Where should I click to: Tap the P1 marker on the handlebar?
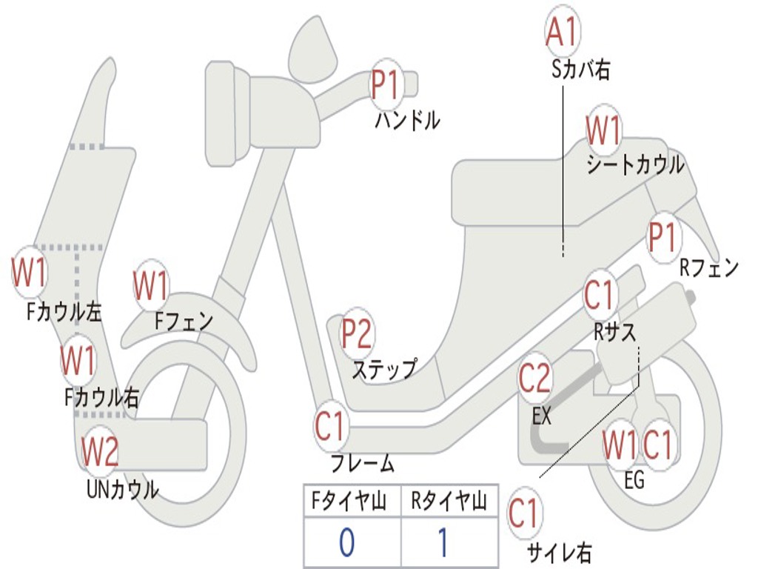click(385, 84)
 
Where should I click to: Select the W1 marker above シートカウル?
click(603, 131)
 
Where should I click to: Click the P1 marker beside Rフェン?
click(663, 238)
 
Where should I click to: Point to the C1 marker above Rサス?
click(600, 295)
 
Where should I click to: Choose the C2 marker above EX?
click(534, 378)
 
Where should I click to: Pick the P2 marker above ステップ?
click(356, 334)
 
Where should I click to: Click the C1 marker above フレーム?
click(330, 426)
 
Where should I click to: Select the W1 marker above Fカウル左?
click(30, 273)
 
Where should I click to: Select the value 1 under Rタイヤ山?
click(442, 543)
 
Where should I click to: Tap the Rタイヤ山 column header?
click(449, 503)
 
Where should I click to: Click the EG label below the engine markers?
click(634, 480)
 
